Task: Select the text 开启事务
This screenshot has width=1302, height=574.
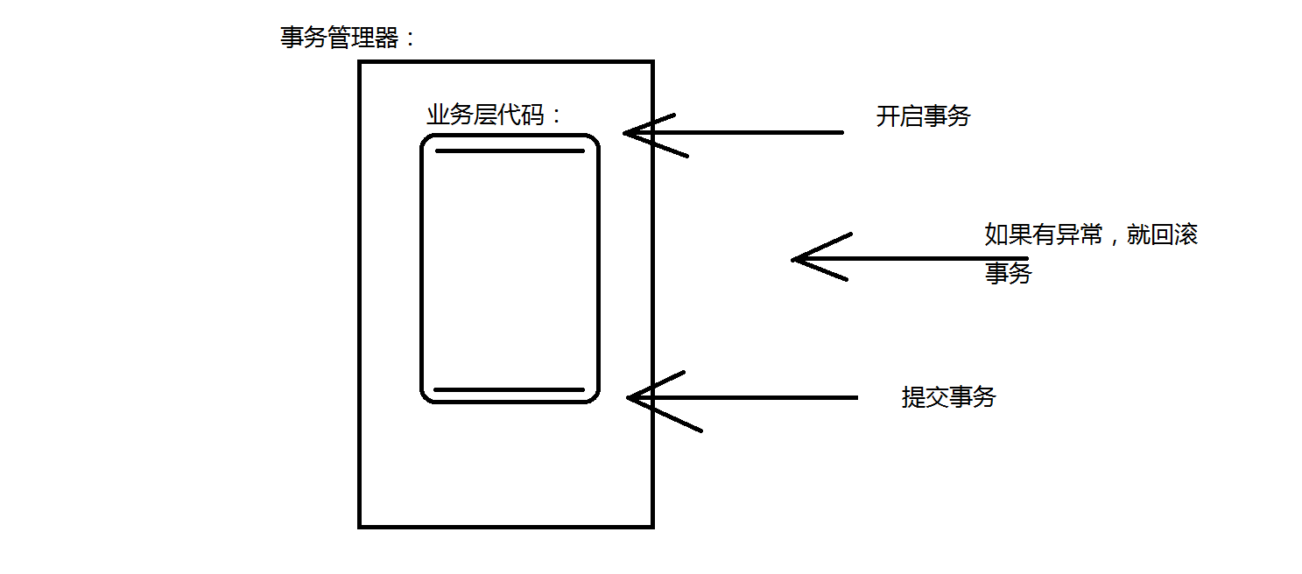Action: [x=923, y=116]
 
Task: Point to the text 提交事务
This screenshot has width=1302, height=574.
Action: [x=948, y=397]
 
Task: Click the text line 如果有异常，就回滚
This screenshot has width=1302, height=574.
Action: [x=1090, y=234]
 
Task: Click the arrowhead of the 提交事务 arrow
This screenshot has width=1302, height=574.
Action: [x=632, y=398]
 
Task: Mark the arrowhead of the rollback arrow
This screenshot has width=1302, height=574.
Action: [x=797, y=258]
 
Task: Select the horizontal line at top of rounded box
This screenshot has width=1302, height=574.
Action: [x=510, y=150]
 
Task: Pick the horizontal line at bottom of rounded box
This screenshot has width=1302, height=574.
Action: [x=509, y=389]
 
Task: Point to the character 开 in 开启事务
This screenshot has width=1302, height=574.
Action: [x=888, y=116]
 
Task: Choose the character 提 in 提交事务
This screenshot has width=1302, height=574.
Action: [x=913, y=397]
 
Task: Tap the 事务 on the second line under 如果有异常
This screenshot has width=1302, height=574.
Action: [x=1009, y=273]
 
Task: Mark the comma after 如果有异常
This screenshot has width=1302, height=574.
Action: [x=1111, y=239]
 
